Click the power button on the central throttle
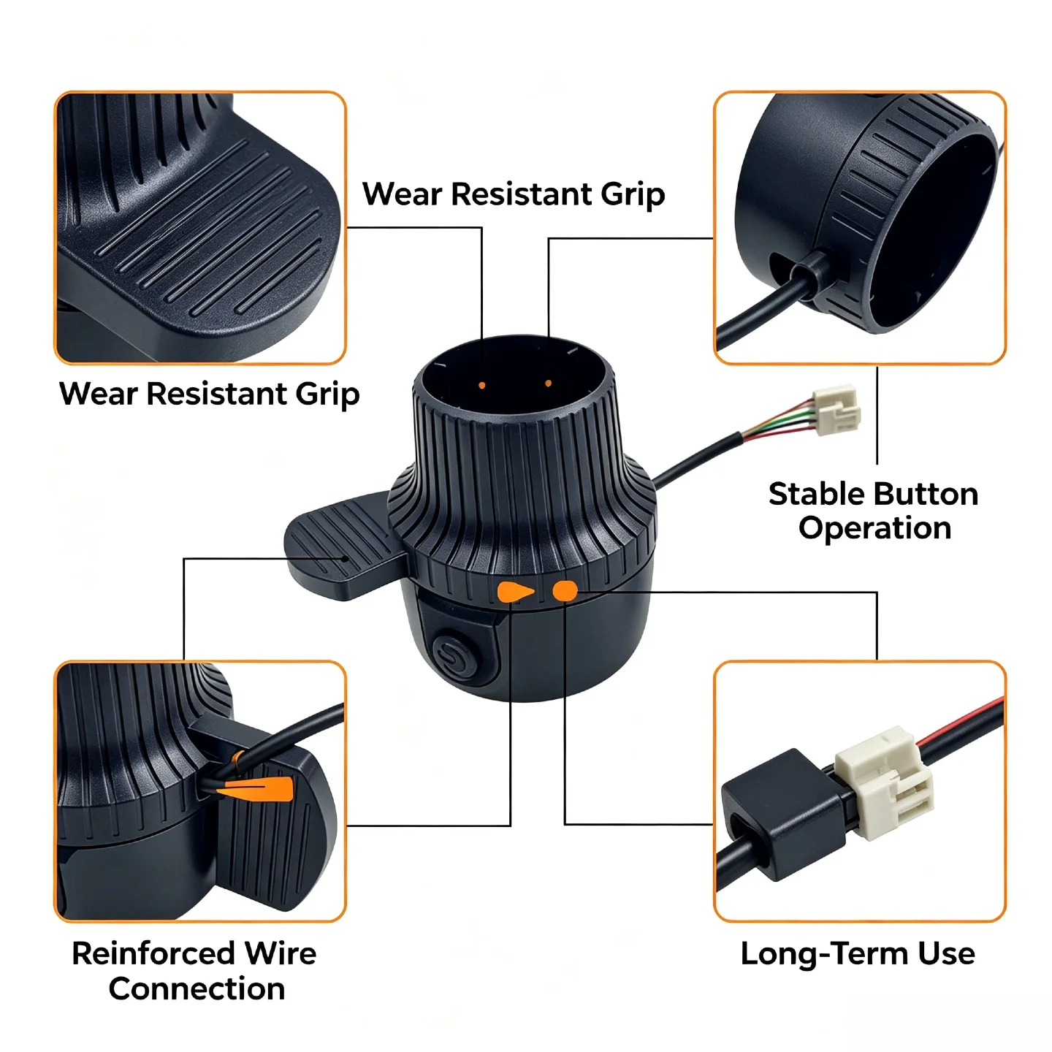click(454, 654)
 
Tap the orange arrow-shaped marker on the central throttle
click(515, 592)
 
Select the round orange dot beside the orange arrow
click(565, 591)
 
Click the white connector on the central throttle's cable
click(836, 409)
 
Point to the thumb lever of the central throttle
click(344, 545)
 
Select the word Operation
click(874, 528)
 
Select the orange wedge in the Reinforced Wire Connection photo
click(256, 789)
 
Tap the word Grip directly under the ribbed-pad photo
click(327, 394)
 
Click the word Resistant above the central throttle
click(522, 194)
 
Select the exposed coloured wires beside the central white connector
click(777, 420)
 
